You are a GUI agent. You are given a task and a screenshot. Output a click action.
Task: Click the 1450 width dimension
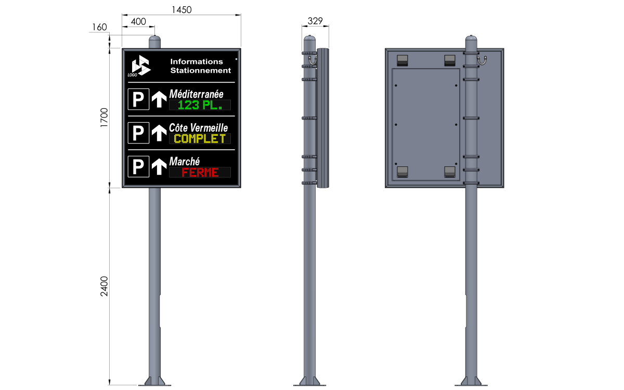(x=181, y=10)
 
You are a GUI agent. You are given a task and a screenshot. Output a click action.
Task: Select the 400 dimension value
(x=138, y=22)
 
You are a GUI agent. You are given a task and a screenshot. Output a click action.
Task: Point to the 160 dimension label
(x=99, y=27)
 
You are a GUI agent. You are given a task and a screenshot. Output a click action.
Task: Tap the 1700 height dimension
(x=104, y=118)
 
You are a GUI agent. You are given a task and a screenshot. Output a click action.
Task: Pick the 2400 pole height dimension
(x=104, y=286)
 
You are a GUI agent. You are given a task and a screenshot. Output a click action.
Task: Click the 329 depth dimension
(x=315, y=21)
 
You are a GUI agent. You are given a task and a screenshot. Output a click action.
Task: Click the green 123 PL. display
(x=200, y=105)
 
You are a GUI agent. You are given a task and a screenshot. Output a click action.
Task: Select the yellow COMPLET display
(x=200, y=139)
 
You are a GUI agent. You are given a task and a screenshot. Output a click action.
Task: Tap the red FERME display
(x=200, y=173)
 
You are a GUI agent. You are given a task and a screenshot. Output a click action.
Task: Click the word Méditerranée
(x=196, y=94)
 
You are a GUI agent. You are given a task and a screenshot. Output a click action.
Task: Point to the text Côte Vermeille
(x=198, y=128)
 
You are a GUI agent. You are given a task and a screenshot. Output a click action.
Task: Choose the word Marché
(x=185, y=162)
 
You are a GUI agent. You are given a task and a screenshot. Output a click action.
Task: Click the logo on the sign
(x=140, y=66)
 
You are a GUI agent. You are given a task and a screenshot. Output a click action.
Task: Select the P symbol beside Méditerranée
(x=138, y=99)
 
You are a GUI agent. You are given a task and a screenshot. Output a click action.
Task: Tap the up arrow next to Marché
(x=159, y=166)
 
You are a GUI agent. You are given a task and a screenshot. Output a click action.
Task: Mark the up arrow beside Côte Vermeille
(x=159, y=133)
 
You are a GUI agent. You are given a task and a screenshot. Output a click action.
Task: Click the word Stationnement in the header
(x=201, y=71)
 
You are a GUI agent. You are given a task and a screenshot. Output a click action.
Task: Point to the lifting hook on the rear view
(x=482, y=60)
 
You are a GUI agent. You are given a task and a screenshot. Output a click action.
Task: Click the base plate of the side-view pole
(x=309, y=385)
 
